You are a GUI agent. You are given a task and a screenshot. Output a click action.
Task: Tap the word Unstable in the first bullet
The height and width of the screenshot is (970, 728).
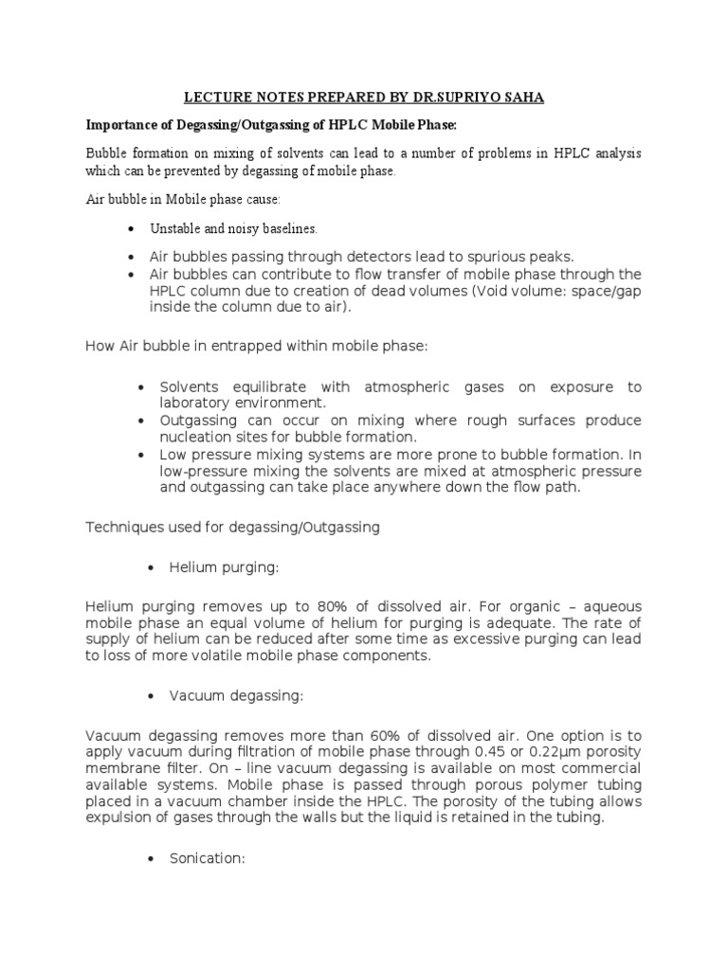(175, 228)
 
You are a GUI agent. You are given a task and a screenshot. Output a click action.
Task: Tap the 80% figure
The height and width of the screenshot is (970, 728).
(301, 607)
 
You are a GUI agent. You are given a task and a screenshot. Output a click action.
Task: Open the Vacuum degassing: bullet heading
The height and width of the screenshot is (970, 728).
(236, 696)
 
